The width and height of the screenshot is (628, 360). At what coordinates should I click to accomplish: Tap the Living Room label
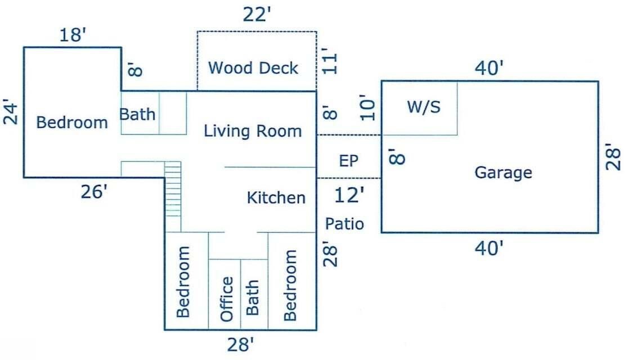point(253,132)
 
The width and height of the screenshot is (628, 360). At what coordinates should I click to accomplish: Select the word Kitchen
point(276,198)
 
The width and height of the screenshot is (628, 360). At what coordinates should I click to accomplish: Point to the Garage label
point(503,172)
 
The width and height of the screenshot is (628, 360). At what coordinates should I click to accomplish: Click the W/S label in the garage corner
point(423,107)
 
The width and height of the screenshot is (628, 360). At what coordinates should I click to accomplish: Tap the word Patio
point(344,224)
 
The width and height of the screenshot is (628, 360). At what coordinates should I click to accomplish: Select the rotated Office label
point(226,298)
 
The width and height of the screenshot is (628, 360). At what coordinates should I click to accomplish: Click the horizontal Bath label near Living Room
point(138,114)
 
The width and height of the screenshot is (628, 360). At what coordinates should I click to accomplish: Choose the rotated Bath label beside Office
point(253,298)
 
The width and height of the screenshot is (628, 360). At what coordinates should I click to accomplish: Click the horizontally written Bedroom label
point(71,123)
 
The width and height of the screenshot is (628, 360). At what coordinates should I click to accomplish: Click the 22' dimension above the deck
point(257,15)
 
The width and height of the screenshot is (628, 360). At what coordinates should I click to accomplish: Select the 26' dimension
point(93,192)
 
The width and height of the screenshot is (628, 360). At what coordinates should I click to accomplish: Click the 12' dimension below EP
point(349,196)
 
